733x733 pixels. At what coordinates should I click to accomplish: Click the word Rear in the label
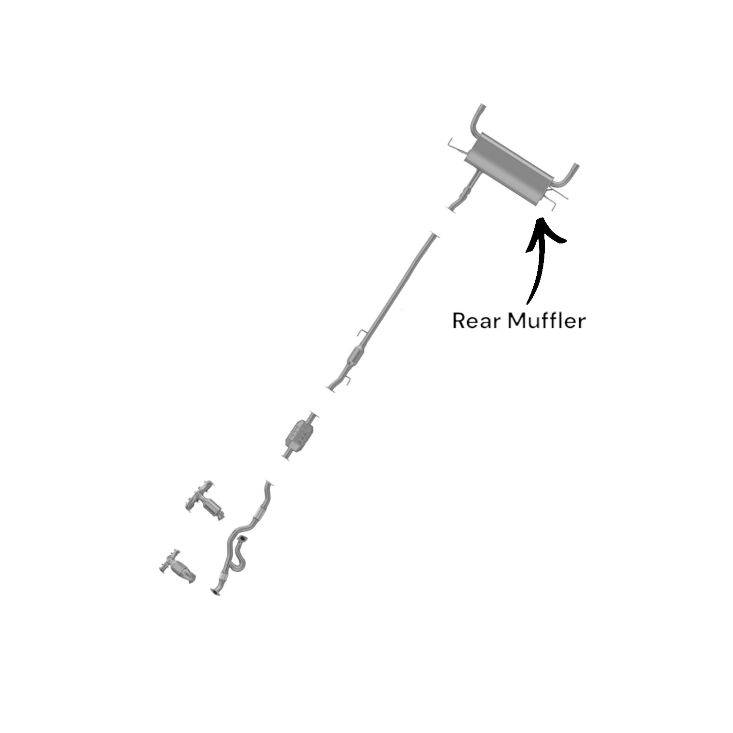(472, 321)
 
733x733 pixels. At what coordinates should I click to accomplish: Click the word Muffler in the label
(546, 321)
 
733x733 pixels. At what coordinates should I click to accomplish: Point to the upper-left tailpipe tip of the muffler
(481, 109)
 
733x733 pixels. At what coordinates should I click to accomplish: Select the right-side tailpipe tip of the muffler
(575, 168)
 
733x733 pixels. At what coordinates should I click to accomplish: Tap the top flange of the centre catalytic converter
(312, 414)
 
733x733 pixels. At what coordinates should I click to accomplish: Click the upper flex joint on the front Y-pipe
(260, 513)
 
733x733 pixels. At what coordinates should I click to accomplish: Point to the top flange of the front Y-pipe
(268, 482)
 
